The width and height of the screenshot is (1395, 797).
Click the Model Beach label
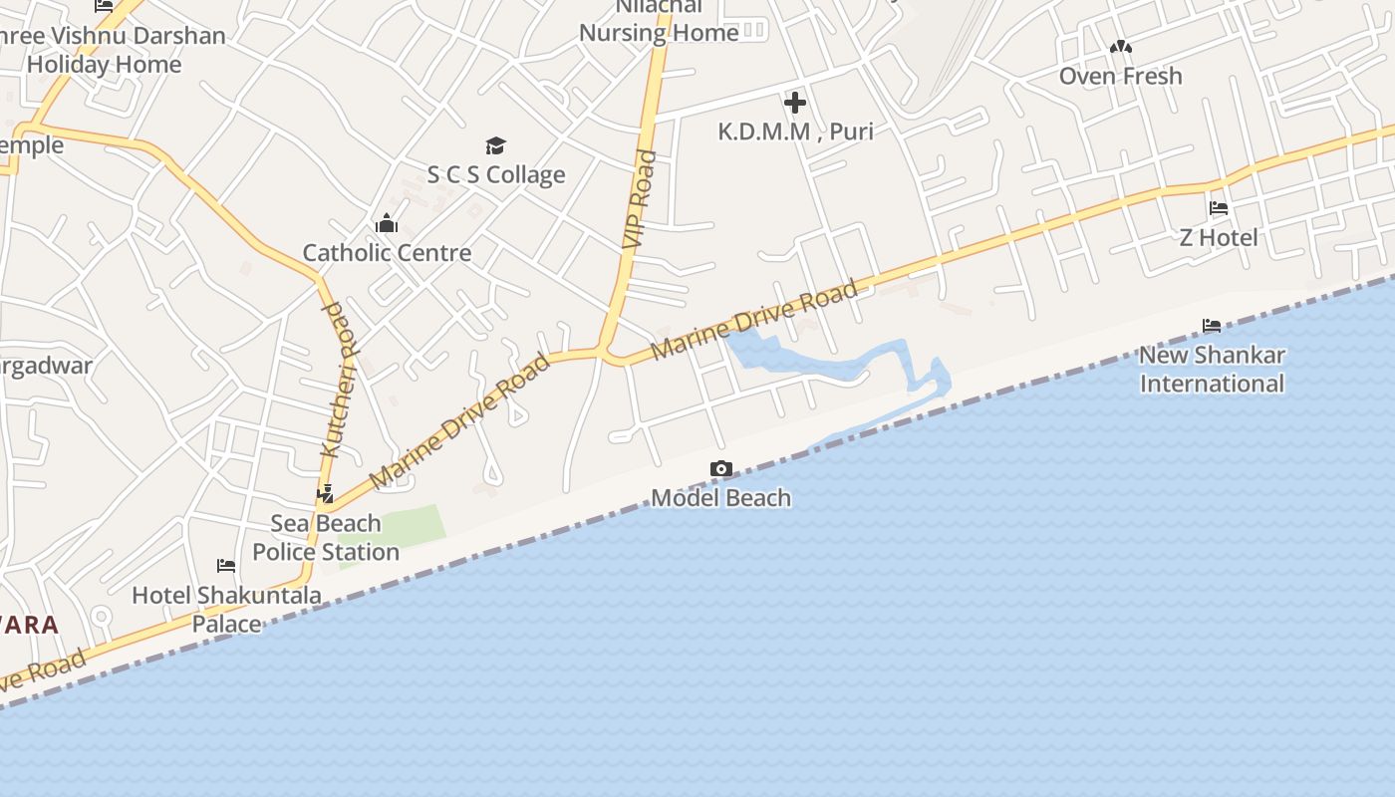[x=720, y=497]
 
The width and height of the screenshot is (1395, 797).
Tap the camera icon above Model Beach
[x=720, y=468]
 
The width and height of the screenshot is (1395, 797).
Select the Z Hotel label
[x=1218, y=237]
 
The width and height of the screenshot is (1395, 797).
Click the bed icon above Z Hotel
[x=1218, y=208]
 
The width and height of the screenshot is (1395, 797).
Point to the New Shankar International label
[x=1212, y=369]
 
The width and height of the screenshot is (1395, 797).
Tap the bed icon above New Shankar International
[x=1212, y=326]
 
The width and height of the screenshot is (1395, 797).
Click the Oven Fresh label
[x=1120, y=76]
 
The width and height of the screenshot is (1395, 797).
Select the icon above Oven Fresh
[x=1120, y=47]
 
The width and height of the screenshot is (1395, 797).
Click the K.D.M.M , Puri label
[x=795, y=131]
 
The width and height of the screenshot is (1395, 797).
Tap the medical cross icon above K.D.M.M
[x=795, y=102]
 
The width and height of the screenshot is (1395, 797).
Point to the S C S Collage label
[x=496, y=174]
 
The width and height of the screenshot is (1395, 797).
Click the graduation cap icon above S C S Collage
[x=496, y=145]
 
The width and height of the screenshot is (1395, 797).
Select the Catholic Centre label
[x=387, y=252]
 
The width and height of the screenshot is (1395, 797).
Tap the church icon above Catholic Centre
[x=387, y=223]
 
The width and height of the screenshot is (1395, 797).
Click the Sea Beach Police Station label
[x=326, y=537]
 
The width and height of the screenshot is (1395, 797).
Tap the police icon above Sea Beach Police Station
[x=325, y=492]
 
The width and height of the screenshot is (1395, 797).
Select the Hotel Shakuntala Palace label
[x=227, y=609]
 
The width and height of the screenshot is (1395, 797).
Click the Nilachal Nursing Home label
[x=659, y=20]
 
